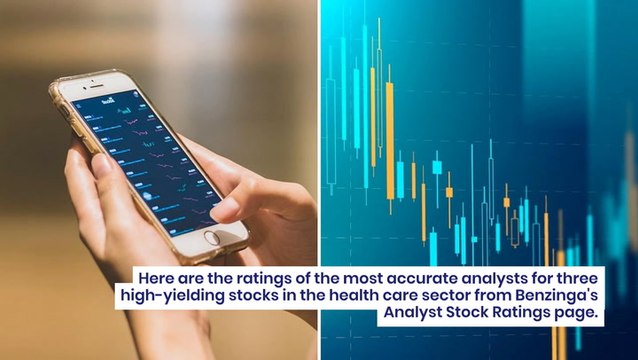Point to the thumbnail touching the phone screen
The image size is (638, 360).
coord(221,208)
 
